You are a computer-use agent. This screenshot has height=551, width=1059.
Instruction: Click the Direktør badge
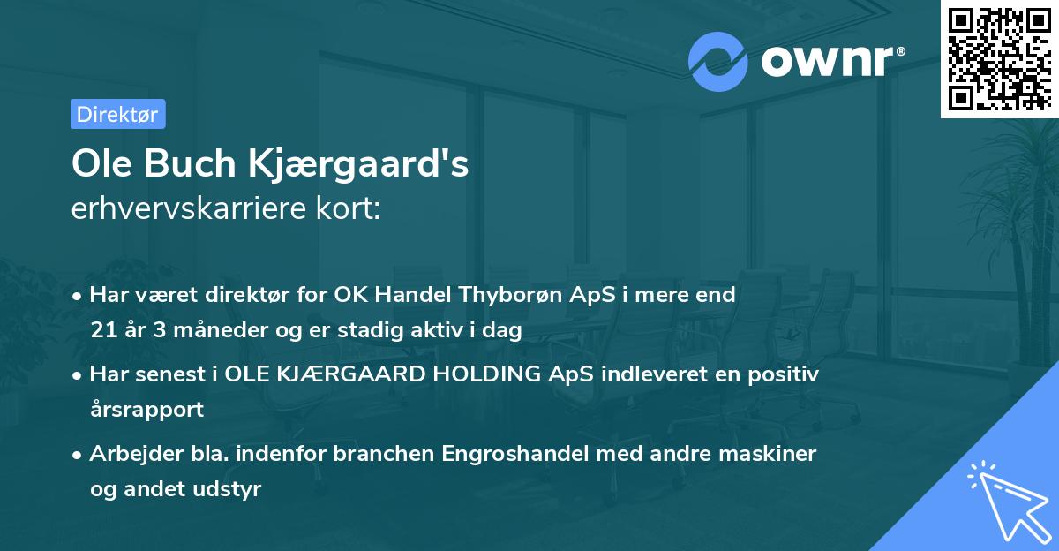point(117,114)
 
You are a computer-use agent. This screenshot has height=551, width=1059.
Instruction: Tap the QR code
point(999,58)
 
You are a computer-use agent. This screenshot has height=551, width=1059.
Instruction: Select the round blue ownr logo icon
point(719,62)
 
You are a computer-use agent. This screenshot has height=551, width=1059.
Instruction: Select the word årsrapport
point(146,410)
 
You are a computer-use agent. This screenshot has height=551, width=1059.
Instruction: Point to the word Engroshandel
point(509,454)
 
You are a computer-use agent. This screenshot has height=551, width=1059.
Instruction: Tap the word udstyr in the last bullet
point(232,489)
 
